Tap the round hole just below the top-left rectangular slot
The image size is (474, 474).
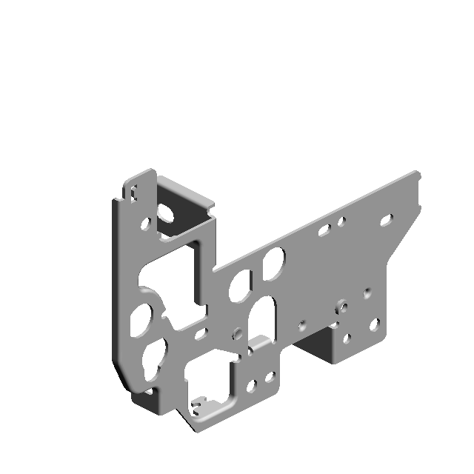(146, 221)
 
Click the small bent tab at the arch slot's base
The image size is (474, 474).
(259, 344)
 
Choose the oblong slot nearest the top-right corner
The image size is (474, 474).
(386, 220)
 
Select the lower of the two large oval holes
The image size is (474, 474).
(240, 286)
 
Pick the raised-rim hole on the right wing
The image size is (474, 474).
(341, 305)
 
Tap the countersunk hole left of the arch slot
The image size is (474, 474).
(237, 333)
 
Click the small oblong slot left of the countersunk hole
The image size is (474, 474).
(200, 333)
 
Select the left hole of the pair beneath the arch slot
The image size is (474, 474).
(251, 385)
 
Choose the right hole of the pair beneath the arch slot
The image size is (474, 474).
(269, 377)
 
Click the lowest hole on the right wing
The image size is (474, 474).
(347, 341)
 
